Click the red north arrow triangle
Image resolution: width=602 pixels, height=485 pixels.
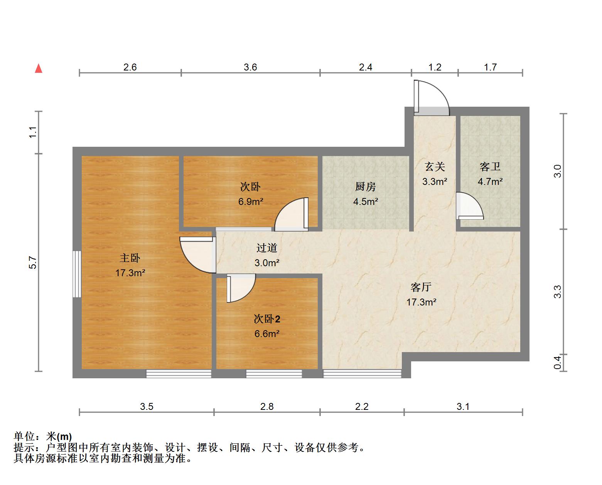(x=39, y=69)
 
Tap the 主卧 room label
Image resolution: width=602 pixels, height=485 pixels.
(x=130, y=258)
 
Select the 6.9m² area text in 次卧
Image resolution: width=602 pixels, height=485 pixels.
(x=251, y=201)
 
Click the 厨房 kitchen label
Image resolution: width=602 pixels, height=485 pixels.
(x=365, y=187)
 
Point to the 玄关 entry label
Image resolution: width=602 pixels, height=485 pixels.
(x=435, y=167)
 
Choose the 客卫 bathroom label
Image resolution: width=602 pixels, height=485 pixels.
(x=490, y=167)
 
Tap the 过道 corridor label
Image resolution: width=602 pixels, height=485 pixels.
(x=267, y=248)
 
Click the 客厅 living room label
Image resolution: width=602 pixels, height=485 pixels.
(x=421, y=287)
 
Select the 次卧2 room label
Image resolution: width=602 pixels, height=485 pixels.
(x=267, y=319)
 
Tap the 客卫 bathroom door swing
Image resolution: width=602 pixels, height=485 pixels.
(x=469, y=206)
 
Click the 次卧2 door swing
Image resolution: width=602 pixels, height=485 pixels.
(x=241, y=287)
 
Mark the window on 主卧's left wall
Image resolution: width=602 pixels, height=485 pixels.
(x=77, y=274)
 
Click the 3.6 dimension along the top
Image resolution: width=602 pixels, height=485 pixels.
(x=250, y=67)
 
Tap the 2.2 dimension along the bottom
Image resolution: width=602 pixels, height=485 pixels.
(x=362, y=406)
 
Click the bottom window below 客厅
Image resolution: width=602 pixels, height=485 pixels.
(x=362, y=373)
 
